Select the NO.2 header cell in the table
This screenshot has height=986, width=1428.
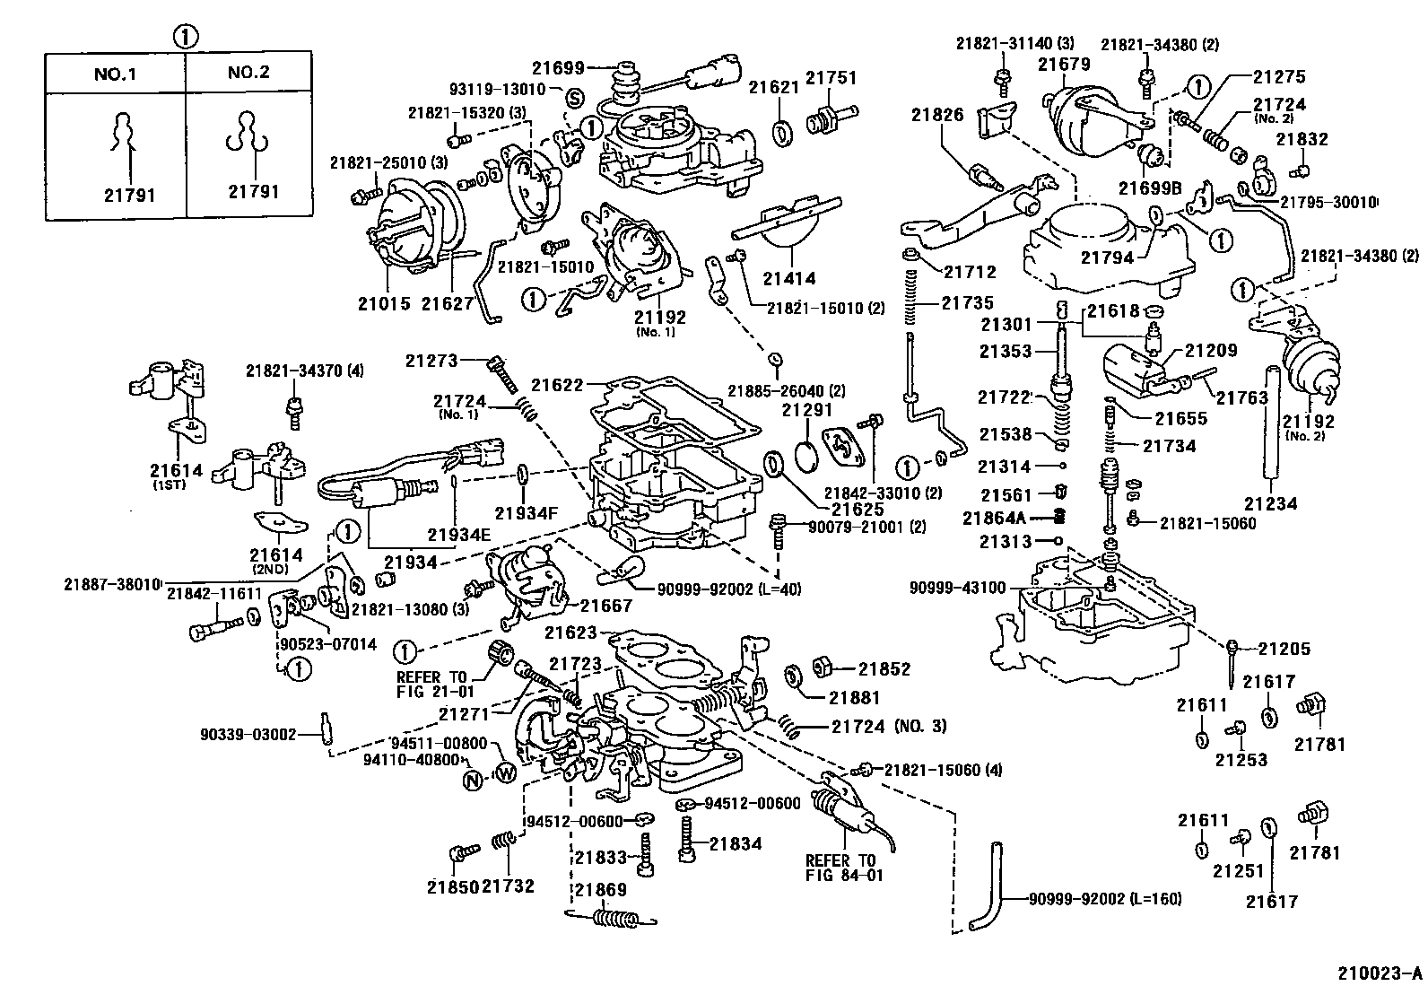tap(248, 73)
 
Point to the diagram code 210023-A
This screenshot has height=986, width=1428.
tap(1380, 972)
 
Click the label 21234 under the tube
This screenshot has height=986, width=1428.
tap(1271, 503)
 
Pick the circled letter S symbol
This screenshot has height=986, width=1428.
tap(575, 97)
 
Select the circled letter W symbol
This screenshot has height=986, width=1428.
tap(506, 772)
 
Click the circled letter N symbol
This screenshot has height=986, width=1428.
tap(473, 781)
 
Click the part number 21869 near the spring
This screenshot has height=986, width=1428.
tap(600, 890)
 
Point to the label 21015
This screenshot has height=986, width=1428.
tap(384, 303)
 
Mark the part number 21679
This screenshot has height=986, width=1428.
tap(1064, 64)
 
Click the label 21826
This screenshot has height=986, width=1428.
tap(937, 114)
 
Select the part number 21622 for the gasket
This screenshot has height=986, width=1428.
tap(557, 385)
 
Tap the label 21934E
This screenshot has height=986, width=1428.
tap(458, 536)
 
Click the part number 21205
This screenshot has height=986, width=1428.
tap(1284, 649)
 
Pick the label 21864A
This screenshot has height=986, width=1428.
tap(993, 518)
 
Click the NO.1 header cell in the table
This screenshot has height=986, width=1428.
tap(115, 73)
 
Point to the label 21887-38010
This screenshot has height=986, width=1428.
tap(112, 584)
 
